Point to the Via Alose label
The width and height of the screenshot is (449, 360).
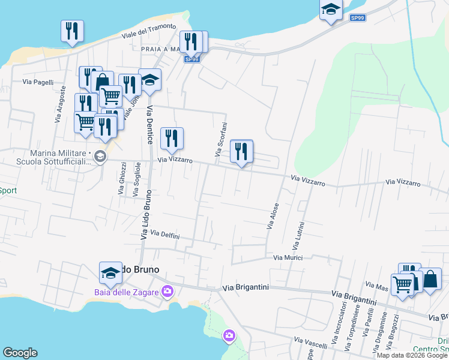coord(273,217)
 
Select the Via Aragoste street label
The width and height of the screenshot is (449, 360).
coord(59,108)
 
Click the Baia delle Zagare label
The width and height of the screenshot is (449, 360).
coord(126,292)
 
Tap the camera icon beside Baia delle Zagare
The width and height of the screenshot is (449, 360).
coord(167,292)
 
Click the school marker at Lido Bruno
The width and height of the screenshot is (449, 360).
coord(110,272)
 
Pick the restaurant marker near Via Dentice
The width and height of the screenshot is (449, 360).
coord(172,139)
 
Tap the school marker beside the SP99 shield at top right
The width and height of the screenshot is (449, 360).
coord(330,9)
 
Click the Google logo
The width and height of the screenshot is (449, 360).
coord(20,353)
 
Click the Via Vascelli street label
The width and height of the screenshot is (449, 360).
coord(310,343)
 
